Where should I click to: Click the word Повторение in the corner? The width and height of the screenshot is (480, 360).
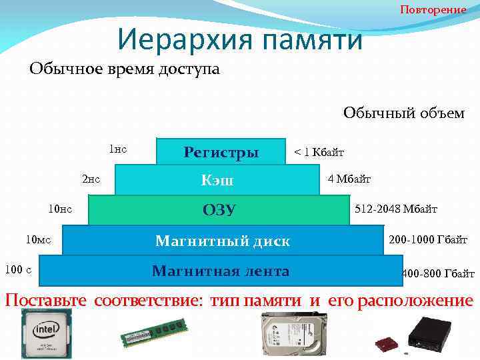[x=433, y=10]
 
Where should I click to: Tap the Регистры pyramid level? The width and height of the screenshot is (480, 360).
[x=221, y=152]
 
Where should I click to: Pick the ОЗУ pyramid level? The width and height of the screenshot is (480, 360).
[x=219, y=210]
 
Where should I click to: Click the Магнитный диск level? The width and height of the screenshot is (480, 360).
[x=222, y=241]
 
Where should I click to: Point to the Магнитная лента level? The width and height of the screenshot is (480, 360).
[x=221, y=271]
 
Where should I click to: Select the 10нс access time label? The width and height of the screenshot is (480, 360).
[x=60, y=209]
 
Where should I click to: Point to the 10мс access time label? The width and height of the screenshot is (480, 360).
[x=37, y=239]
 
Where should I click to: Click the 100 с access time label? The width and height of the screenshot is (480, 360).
[x=18, y=269]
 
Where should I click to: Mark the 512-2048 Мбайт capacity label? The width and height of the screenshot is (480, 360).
[x=396, y=209]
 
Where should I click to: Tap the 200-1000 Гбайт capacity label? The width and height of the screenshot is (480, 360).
[x=428, y=239]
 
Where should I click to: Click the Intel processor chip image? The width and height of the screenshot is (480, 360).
[x=47, y=333]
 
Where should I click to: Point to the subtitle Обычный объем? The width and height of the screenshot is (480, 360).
[x=403, y=113]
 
